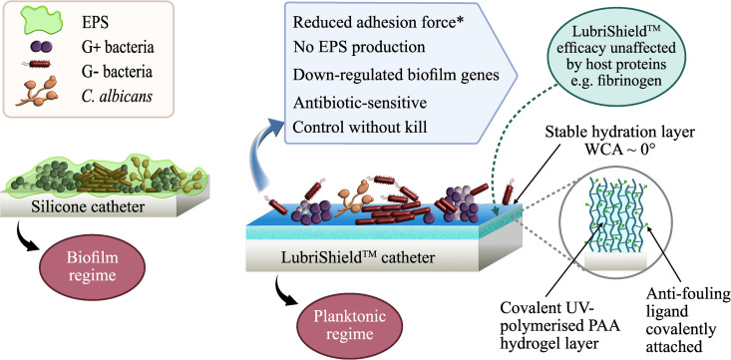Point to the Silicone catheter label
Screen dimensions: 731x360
click(88, 206)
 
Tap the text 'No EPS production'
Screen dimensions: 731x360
click(359, 47)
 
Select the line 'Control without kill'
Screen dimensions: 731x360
click(360, 127)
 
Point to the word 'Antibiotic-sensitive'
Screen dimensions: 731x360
click(360, 103)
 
